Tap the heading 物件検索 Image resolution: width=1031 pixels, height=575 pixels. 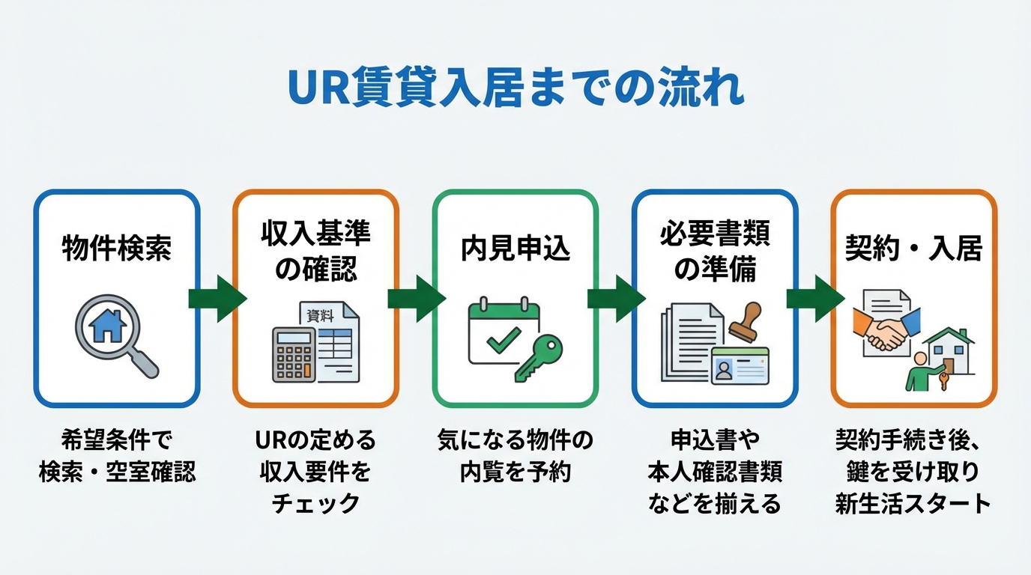116,249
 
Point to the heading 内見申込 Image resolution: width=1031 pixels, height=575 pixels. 515,249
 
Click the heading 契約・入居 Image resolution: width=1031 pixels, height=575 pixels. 913,249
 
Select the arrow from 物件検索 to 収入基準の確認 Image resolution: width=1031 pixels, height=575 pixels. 217,298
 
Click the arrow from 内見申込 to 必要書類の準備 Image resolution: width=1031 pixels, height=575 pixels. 616,298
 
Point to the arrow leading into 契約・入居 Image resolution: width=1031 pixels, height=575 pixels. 815,298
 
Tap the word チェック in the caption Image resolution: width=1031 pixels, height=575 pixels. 315,503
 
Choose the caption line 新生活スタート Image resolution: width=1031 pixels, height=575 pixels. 913,503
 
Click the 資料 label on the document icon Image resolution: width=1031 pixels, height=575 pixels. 321,316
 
